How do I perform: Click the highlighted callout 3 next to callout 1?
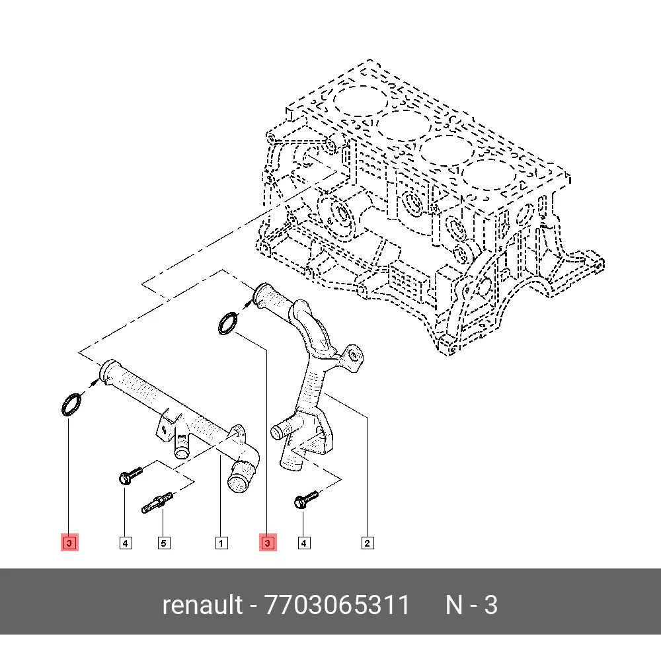pyautogui.click(x=268, y=543)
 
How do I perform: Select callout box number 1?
pyautogui.click(x=221, y=543)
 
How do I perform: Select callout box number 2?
pyautogui.click(x=367, y=543)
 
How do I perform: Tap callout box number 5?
pyautogui.click(x=163, y=543)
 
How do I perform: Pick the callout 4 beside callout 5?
pyautogui.click(x=126, y=543)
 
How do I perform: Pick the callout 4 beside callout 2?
pyautogui.click(x=303, y=543)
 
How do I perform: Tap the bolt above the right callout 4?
pyautogui.click(x=306, y=500)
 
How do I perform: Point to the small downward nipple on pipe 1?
pyautogui.click(x=181, y=452)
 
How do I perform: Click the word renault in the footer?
pyautogui.click(x=202, y=605)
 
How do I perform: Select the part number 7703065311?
pyautogui.click(x=337, y=605)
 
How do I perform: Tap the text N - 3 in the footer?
pyautogui.click(x=471, y=605)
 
